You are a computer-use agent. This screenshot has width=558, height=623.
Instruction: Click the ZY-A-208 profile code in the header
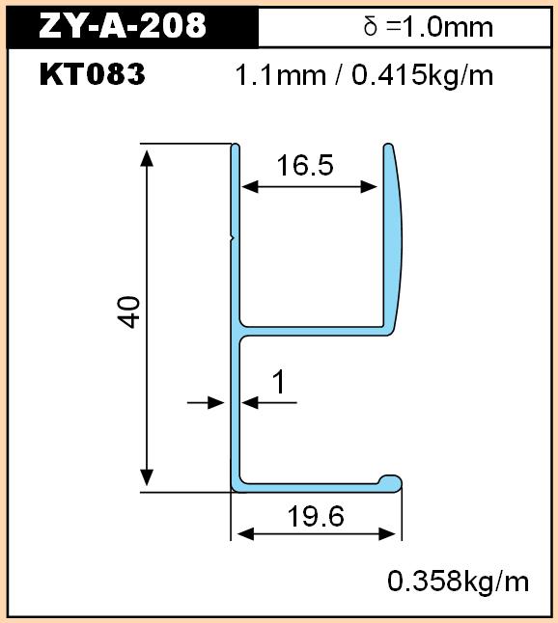tap(123, 25)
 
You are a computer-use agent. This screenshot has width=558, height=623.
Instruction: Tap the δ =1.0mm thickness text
tap(429, 27)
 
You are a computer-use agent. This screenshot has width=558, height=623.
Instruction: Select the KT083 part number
tap(93, 74)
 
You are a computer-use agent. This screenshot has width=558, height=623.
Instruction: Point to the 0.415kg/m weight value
tap(423, 75)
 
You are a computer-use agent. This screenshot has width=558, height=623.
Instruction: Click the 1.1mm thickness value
tap(280, 75)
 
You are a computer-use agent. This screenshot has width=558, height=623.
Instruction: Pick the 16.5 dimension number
tap(305, 165)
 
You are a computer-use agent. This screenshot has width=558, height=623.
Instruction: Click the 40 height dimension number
tap(128, 311)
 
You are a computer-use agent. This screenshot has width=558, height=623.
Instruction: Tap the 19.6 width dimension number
tap(316, 516)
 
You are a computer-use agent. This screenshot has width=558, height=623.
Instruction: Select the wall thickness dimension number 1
tap(280, 382)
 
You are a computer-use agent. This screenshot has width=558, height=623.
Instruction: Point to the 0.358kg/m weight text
tap(459, 582)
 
